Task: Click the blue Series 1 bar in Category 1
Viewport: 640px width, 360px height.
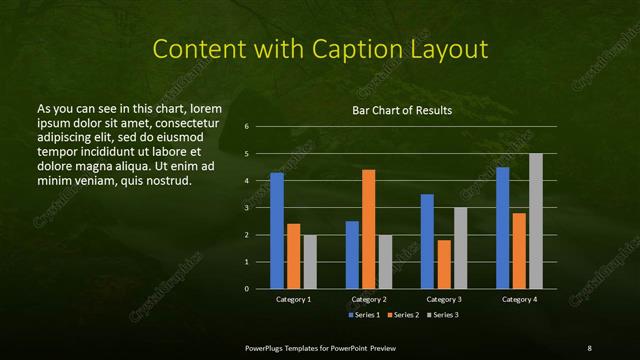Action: pyautogui.click(x=277, y=231)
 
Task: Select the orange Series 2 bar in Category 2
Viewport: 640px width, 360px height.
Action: pyautogui.click(x=369, y=229)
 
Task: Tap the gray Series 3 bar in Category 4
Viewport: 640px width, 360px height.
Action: pyautogui.click(x=536, y=221)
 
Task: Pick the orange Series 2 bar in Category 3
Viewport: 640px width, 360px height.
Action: pyautogui.click(x=444, y=264)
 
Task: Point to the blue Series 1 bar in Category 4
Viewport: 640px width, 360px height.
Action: pyautogui.click(x=503, y=228)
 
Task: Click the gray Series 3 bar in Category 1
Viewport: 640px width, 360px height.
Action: pyautogui.click(x=310, y=262)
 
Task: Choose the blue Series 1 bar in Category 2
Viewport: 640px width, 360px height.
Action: pyautogui.click(x=352, y=255)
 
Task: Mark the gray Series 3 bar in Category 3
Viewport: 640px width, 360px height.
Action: pyautogui.click(x=461, y=248)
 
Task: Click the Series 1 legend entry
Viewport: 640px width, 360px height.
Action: pyautogui.click(x=363, y=315)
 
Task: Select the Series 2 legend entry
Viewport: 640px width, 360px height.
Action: pyautogui.click(x=403, y=315)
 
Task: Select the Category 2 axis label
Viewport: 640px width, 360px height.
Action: pyautogui.click(x=369, y=299)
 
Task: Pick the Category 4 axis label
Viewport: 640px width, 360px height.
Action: pyautogui.click(x=519, y=299)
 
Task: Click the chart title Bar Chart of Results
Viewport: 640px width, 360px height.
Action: pyautogui.click(x=402, y=110)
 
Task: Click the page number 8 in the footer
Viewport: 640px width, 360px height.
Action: pyautogui.click(x=589, y=347)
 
